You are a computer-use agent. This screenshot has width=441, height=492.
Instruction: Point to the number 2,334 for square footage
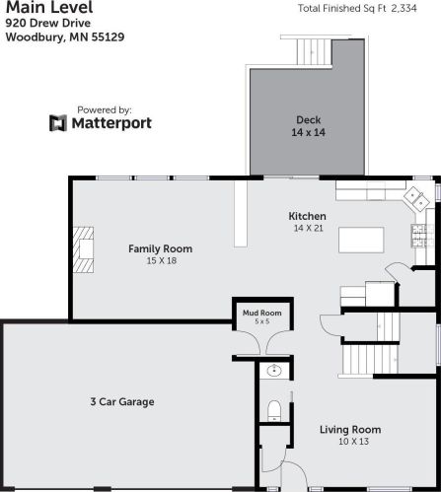pyautogui.click(x=418, y=9)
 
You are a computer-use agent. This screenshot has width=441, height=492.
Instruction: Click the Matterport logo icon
pyautogui.click(x=58, y=123)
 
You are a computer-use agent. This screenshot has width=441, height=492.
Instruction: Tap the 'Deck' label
pyautogui.click(x=308, y=120)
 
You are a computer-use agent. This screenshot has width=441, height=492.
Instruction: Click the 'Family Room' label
pyautogui.click(x=160, y=248)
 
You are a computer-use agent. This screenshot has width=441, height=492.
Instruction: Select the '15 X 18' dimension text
pyautogui.click(x=160, y=261)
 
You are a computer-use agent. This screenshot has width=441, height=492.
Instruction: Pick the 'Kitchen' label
pyautogui.click(x=307, y=216)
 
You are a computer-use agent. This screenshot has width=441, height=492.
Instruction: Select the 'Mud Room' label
pyautogui.click(x=261, y=313)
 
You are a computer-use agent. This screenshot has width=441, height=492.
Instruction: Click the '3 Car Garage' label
pyautogui.click(x=123, y=401)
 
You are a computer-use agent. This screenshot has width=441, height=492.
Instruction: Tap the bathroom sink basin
pyautogui.click(x=273, y=372)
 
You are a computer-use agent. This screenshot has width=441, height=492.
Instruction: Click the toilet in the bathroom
pyautogui.click(x=275, y=409)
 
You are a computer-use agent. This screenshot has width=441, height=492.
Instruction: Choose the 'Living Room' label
pyautogui.click(x=349, y=430)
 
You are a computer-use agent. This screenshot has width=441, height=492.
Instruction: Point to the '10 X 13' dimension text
pyautogui.click(x=349, y=443)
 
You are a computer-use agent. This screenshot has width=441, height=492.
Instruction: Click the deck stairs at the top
pyautogui.click(x=317, y=48)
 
